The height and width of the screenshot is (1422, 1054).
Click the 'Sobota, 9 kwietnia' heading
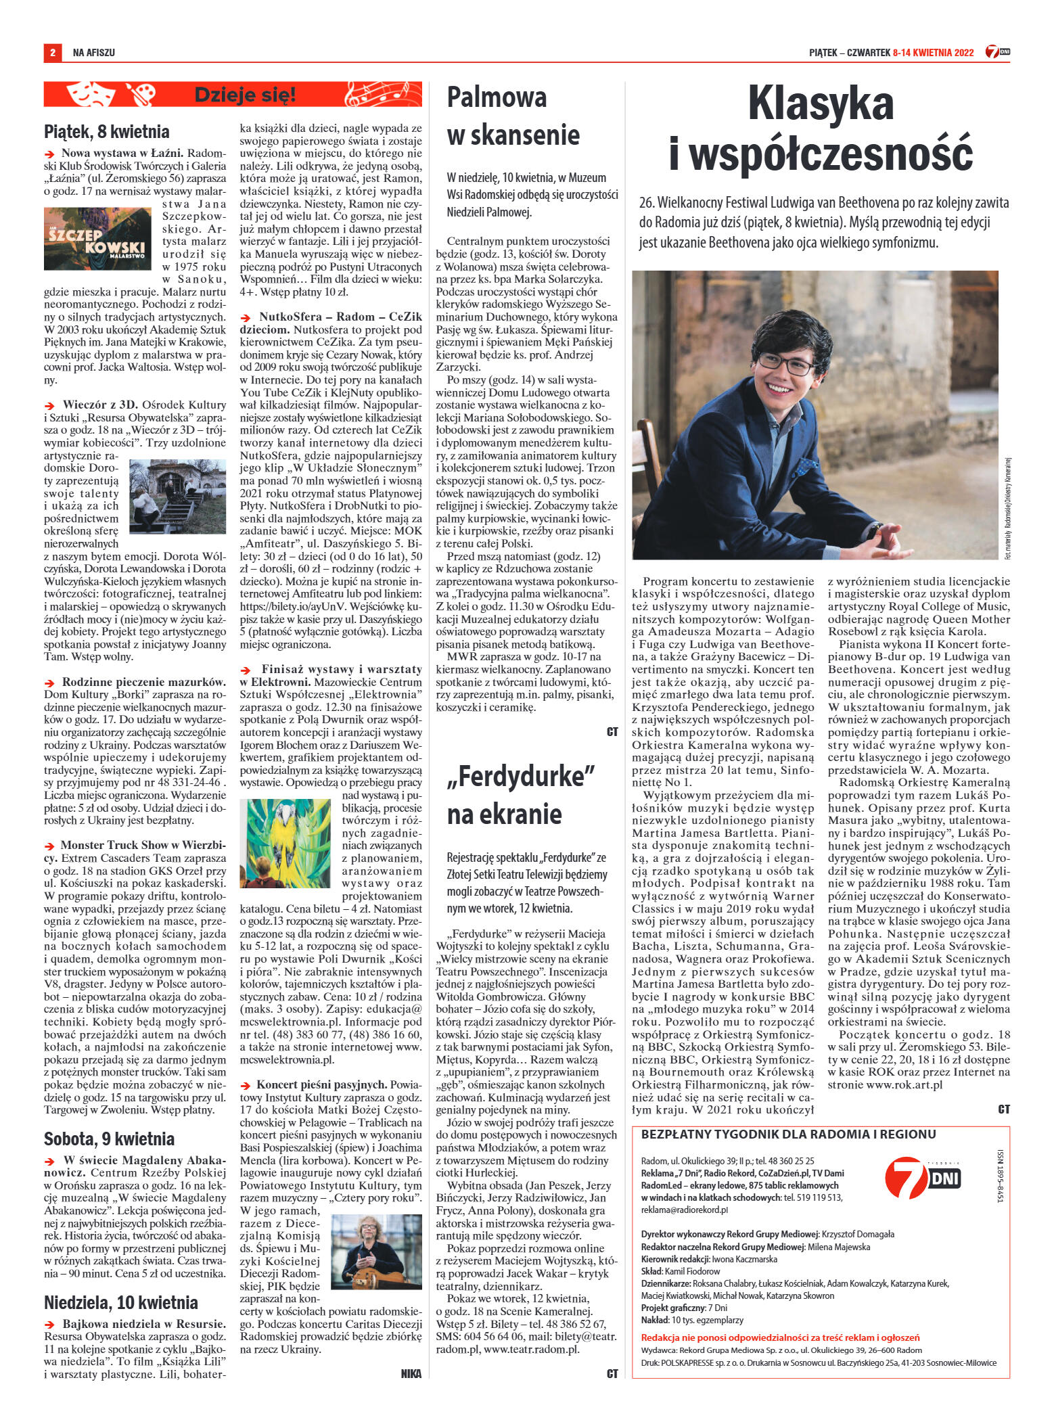point(109,1138)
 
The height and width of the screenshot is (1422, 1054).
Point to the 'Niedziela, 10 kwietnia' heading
point(120,1302)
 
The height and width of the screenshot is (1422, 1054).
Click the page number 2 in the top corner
point(51,52)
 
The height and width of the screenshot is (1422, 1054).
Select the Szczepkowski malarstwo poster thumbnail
point(97,238)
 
